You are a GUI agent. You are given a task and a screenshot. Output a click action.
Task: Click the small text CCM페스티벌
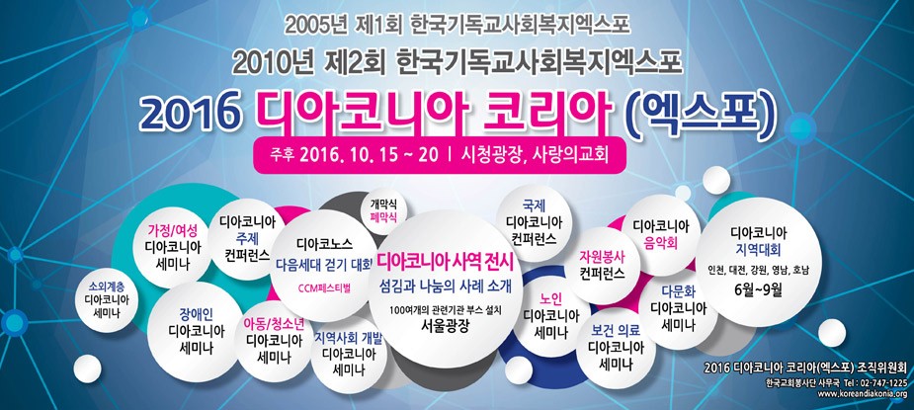pos(325,289)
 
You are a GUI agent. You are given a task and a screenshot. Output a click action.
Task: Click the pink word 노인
pos(550,298)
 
